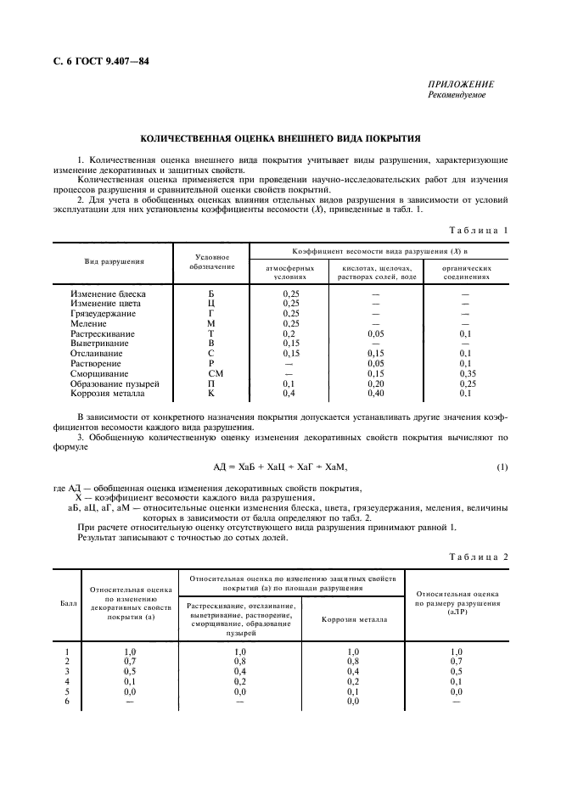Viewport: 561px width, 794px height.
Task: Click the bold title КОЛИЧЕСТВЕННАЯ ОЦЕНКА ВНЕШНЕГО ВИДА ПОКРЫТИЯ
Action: pyautogui.click(x=280, y=137)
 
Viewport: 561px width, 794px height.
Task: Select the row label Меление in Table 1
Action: pyautogui.click(x=89, y=323)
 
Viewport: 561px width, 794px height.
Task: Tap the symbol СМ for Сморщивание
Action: pyautogui.click(x=211, y=372)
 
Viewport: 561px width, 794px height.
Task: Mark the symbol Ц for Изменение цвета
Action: pyautogui.click(x=211, y=303)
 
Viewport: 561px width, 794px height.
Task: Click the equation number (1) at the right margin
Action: pyautogui.click(x=502, y=467)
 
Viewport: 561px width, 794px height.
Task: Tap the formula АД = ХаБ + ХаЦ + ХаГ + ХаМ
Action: pyautogui.click(x=280, y=467)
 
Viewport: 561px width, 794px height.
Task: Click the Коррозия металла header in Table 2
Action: pyautogui.click(x=354, y=619)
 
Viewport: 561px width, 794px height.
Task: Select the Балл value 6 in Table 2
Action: pyautogui.click(x=66, y=702)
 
